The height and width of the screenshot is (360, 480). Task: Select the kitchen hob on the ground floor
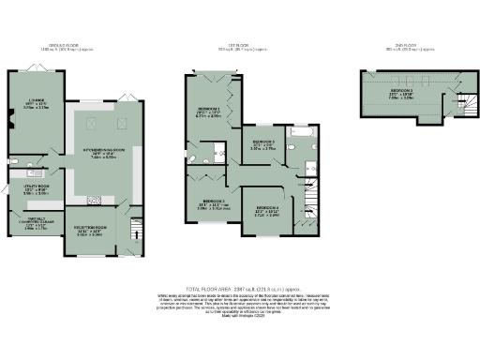tap(94, 199)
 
